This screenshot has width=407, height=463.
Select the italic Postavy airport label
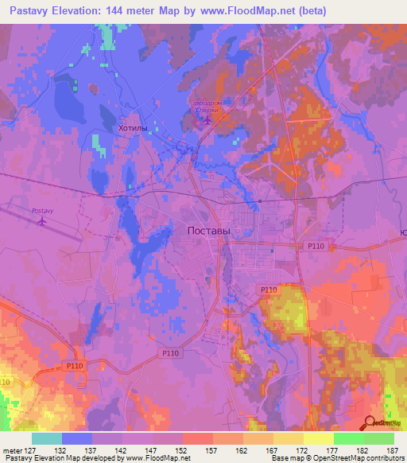(x=41, y=210)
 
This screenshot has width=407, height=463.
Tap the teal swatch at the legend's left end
(x=46, y=438)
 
